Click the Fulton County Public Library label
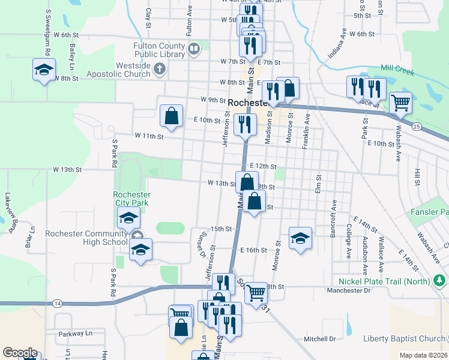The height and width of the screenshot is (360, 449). point(158,50)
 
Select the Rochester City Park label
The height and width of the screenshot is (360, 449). point(132,199)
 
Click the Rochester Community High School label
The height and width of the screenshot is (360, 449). point(86,238)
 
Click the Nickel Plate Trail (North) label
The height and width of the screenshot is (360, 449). point(384,281)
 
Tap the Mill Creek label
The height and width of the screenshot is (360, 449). point(397,71)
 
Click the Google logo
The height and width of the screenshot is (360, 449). point(20,353)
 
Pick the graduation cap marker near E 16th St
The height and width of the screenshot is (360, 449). point(300,239)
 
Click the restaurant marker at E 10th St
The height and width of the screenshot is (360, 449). point(245,125)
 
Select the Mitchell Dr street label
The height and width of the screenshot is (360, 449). point(319,339)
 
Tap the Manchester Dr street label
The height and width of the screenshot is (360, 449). point(350,290)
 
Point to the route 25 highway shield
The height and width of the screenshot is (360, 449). point(416,126)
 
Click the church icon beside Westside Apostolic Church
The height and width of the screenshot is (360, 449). point(159,69)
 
